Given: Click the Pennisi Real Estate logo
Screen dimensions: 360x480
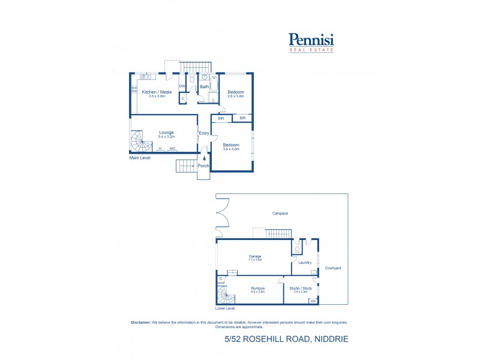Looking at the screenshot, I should [x=311, y=42].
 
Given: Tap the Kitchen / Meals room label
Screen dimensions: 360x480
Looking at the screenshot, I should [x=157, y=92].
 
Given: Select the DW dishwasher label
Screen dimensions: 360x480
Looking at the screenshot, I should [x=181, y=86].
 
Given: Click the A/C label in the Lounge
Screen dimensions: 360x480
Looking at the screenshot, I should [x=172, y=148].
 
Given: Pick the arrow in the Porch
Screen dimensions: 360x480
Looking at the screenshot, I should [x=204, y=158].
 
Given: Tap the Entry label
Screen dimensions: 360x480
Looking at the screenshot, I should [x=204, y=133].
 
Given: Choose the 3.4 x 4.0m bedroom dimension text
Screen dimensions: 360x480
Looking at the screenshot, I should [x=231, y=149].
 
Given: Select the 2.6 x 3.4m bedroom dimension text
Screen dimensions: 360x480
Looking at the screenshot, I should [x=235, y=96].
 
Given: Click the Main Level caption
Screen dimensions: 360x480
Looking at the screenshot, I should [x=140, y=158].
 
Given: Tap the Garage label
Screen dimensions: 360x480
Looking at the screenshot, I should [x=255, y=256].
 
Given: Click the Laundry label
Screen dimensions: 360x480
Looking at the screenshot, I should [x=304, y=262].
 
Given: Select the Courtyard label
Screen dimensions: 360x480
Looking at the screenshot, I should [x=333, y=268].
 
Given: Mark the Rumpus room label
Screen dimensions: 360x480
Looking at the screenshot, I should [x=257, y=288].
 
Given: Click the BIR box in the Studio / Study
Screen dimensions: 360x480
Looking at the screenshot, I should [x=313, y=301].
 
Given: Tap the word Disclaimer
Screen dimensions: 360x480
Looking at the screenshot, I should [x=141, y=322].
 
